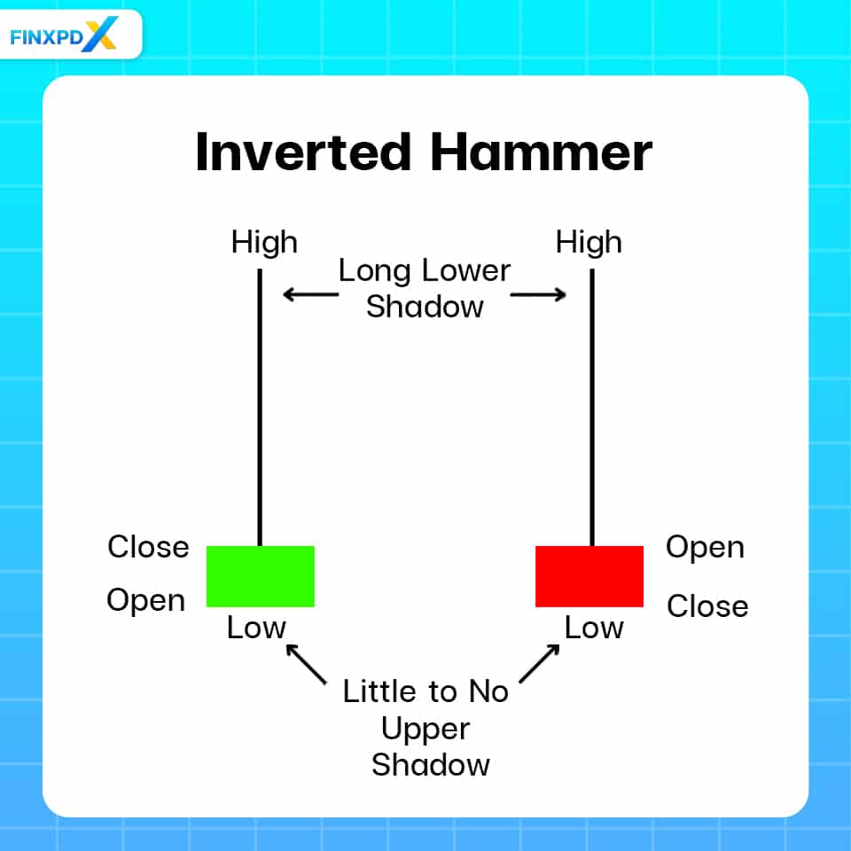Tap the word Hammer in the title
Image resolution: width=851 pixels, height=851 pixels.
541,152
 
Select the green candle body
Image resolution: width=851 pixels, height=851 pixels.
260,576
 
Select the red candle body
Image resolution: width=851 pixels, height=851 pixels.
589,576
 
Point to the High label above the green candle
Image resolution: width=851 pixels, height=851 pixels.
264,243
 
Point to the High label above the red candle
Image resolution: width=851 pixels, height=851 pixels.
589,243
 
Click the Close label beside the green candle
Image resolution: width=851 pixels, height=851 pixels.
148,547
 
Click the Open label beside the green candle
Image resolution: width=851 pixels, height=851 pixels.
146,601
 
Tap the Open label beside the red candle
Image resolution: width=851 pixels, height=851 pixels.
705,547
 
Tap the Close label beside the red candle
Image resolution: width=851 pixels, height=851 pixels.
707,606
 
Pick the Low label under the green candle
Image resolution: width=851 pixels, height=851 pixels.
256,628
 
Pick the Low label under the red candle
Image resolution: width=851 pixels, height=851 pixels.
594,628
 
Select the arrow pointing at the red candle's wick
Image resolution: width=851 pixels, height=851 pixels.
538,294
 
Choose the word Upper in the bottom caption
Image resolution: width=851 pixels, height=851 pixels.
425,729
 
